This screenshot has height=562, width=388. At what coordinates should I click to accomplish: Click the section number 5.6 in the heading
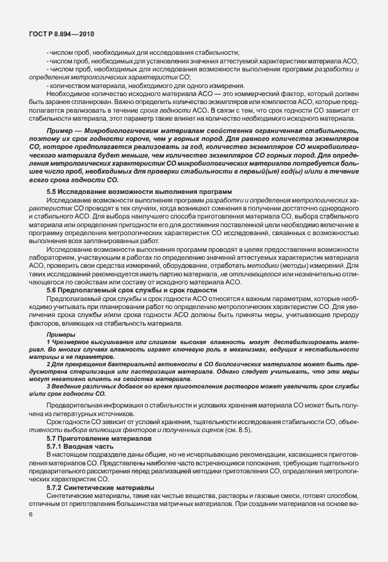point(52,289)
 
